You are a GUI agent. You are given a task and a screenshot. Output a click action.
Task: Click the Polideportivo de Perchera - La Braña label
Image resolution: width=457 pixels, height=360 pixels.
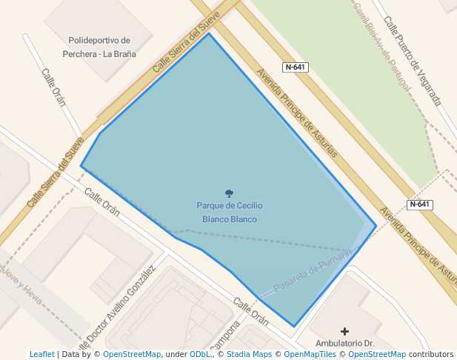[99, 47]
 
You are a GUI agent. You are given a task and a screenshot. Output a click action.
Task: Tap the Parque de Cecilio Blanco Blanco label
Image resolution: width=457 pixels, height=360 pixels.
[230, 212]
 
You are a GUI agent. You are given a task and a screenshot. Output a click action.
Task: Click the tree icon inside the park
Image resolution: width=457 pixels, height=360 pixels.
[229, 193]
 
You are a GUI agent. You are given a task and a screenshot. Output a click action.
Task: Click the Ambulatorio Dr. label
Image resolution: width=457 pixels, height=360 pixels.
[345, 344]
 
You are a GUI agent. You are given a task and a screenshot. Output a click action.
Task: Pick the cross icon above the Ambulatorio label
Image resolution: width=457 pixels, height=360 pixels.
[344, 331]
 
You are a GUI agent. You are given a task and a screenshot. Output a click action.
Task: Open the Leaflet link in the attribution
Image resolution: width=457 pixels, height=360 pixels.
[41, 355]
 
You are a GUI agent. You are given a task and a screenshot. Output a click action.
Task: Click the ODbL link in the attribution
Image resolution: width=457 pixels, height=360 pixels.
[199, 355]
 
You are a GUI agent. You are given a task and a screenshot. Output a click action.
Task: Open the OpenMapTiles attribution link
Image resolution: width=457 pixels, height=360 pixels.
[307, 355]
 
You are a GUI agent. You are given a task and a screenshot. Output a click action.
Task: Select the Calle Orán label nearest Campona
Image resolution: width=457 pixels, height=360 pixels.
[250, 312]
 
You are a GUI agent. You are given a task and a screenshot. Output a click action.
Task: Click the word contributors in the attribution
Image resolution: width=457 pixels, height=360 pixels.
[430, 355]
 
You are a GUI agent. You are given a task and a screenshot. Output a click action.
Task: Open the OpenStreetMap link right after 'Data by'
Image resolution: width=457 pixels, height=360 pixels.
[132, 355]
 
